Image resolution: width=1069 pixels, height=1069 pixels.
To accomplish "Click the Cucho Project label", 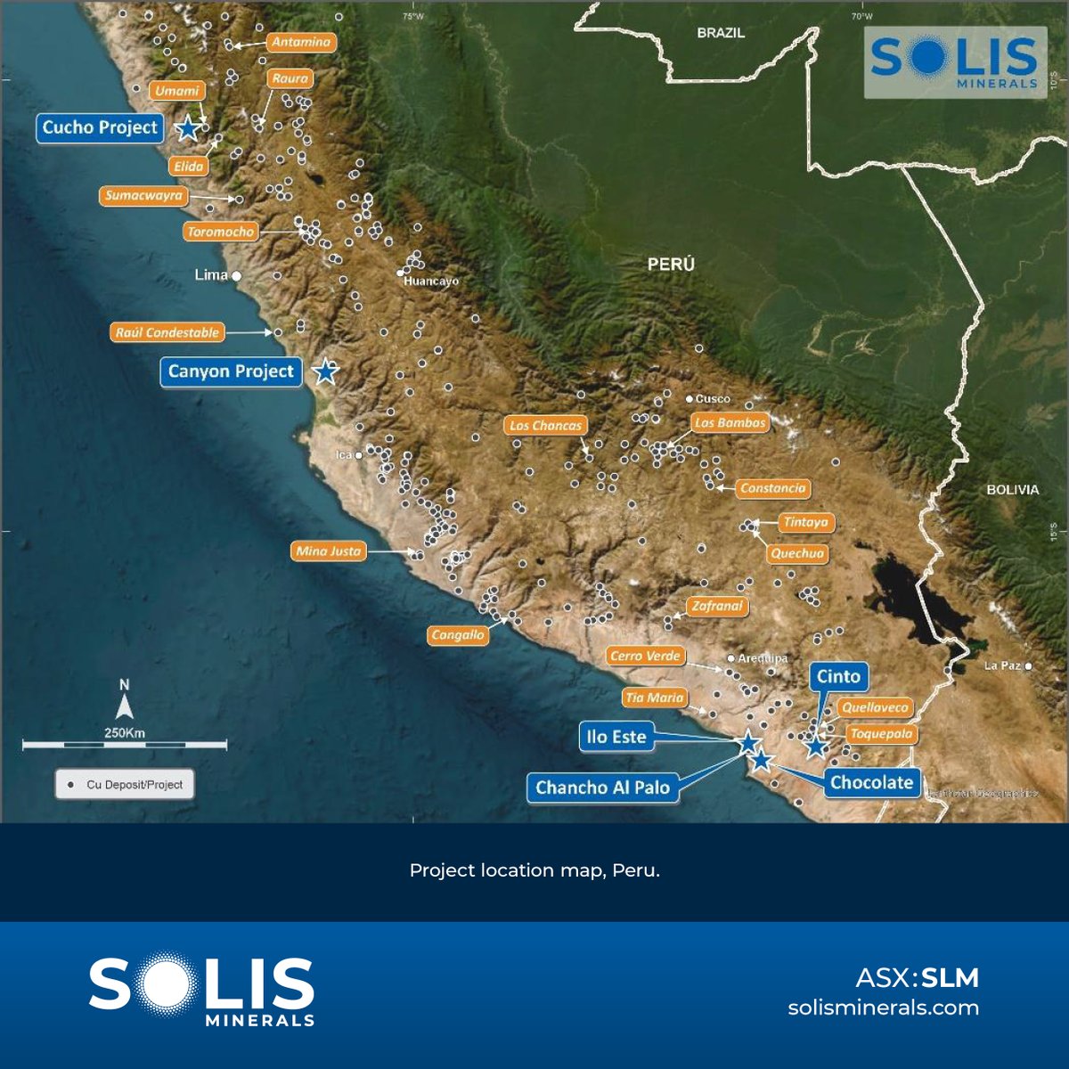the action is (x=100, y=127).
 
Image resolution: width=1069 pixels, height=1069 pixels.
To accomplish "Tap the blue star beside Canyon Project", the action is (x=326, y=371).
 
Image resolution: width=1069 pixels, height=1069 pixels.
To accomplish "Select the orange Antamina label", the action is (x=301, y=42).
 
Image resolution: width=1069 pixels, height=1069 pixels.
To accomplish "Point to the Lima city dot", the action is (x=237, y=276).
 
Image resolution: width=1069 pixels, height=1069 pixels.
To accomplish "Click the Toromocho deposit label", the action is (x=221, y=232).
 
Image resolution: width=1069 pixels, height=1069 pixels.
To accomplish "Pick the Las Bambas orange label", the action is (x=730, y=423).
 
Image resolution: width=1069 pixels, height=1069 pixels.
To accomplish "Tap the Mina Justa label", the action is (x=329, y=551).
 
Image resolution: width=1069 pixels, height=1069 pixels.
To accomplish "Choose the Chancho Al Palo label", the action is (x=602, y=787).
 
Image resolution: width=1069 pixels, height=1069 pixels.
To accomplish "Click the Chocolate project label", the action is (x=871, y=782).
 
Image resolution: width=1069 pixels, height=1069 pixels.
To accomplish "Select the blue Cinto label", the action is (x=838, y=676).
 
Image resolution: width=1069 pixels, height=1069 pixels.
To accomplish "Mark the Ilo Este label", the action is (x=616, y=737).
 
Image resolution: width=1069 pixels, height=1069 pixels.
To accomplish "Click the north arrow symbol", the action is (x=125, y=706).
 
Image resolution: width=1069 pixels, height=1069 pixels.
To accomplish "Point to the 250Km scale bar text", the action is (x=125, y=733).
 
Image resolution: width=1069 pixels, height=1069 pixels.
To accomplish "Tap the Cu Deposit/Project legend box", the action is (x=125, y=785).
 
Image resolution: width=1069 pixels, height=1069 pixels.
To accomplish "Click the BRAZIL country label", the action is (x=721, y=33).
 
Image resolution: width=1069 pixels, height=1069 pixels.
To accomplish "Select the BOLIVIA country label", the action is (x=1012, y=490).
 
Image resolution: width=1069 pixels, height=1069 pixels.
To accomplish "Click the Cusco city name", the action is (x=713, y=399).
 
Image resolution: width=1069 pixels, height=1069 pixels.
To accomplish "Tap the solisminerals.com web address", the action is (x=883, y=1008).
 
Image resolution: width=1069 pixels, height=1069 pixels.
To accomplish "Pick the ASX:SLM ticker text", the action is (x=917, y=978).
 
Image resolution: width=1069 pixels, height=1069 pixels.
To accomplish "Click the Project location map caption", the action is (x=534, y=870).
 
